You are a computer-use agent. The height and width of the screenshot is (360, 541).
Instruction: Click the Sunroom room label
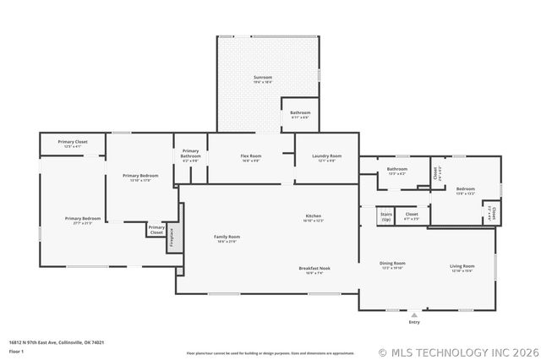coord(263,79)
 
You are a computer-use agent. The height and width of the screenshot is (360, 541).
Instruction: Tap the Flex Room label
coord(251,157)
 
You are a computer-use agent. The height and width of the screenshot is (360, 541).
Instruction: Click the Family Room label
coord(227,238)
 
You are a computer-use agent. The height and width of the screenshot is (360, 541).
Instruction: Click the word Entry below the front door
coord(414,323)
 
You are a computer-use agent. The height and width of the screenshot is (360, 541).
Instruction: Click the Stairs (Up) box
coord(385,216)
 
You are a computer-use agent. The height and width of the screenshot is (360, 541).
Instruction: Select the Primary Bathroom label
coord(190,155)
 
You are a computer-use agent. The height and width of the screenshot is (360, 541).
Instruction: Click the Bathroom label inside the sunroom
coord(300,114)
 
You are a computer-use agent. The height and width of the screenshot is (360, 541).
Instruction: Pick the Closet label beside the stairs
coord(412,216)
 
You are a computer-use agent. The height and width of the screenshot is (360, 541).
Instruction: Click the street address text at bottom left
coord(57,342)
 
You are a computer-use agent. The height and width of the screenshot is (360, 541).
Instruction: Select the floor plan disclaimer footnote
coord(270,352)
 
